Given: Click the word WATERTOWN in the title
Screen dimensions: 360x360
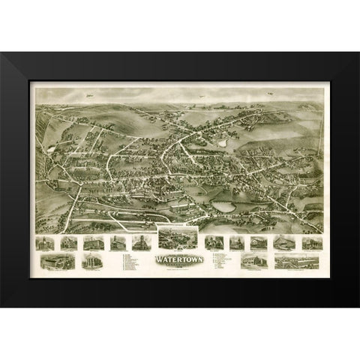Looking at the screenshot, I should [174, 261].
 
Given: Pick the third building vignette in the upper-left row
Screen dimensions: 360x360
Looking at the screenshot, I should [91, 243].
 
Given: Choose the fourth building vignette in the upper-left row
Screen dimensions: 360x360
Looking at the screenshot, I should [117, 243].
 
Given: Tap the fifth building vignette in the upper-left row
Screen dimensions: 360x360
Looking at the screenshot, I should [140, 243].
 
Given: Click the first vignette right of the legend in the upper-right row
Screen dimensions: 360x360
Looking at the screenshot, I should [211, 243].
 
